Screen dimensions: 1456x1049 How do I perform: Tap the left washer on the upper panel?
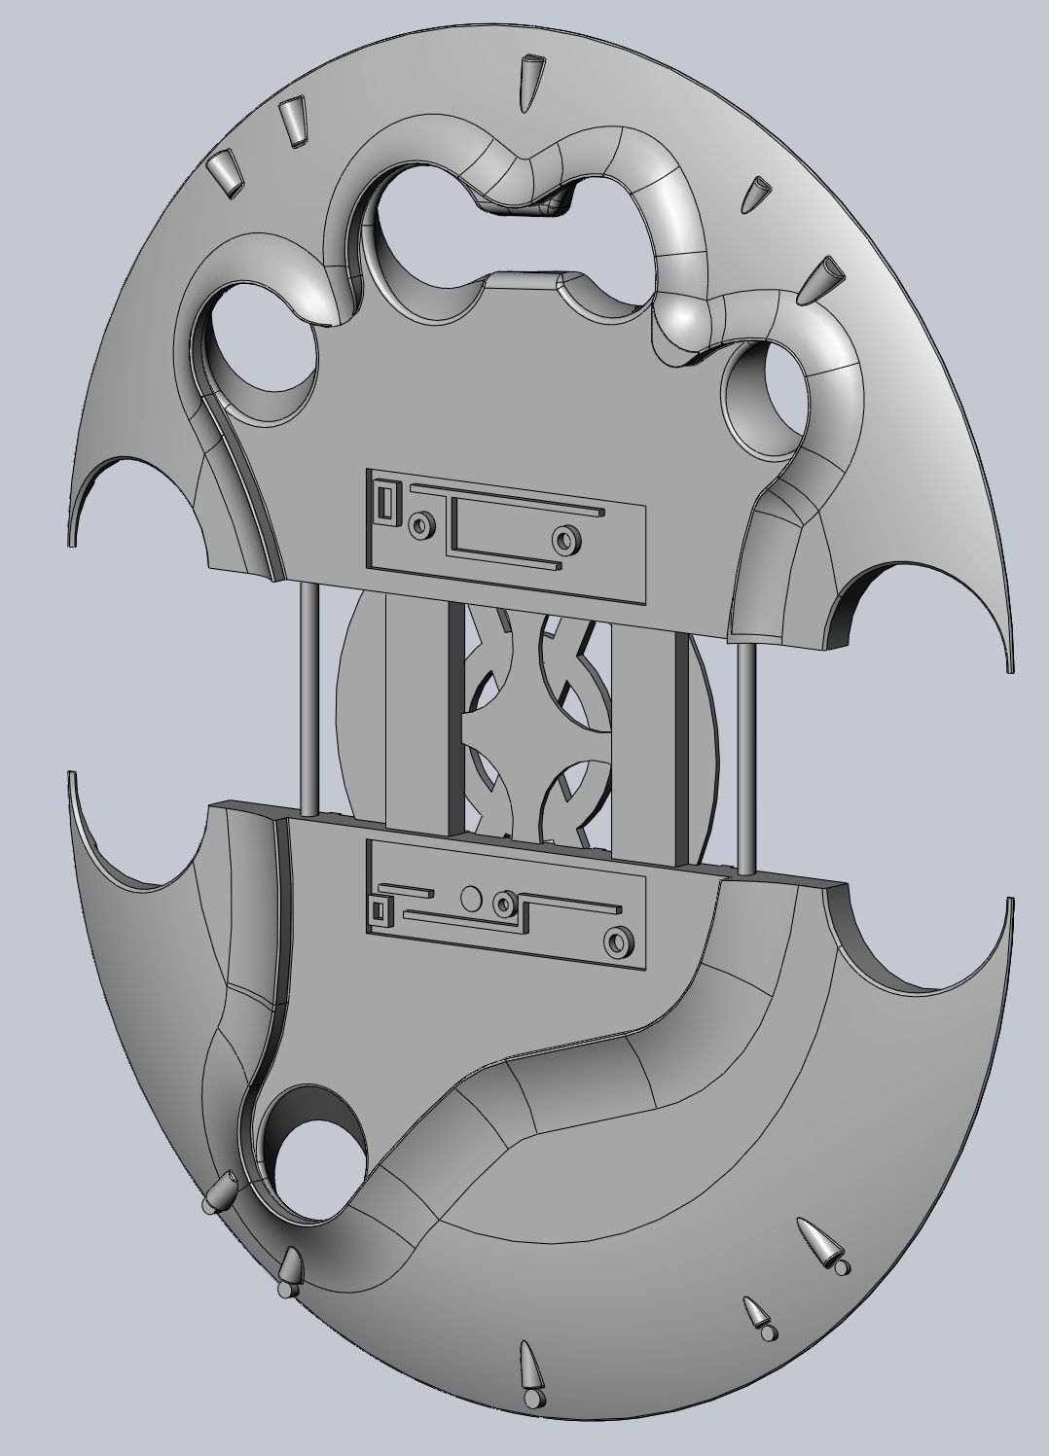[421, 525]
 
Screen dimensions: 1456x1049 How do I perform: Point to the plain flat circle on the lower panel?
[470, 899]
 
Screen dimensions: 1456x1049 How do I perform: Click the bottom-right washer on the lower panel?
[615, 941]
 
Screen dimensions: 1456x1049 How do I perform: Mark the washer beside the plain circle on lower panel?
[503, 904]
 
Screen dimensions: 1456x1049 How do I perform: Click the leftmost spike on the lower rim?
[221, 1191]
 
